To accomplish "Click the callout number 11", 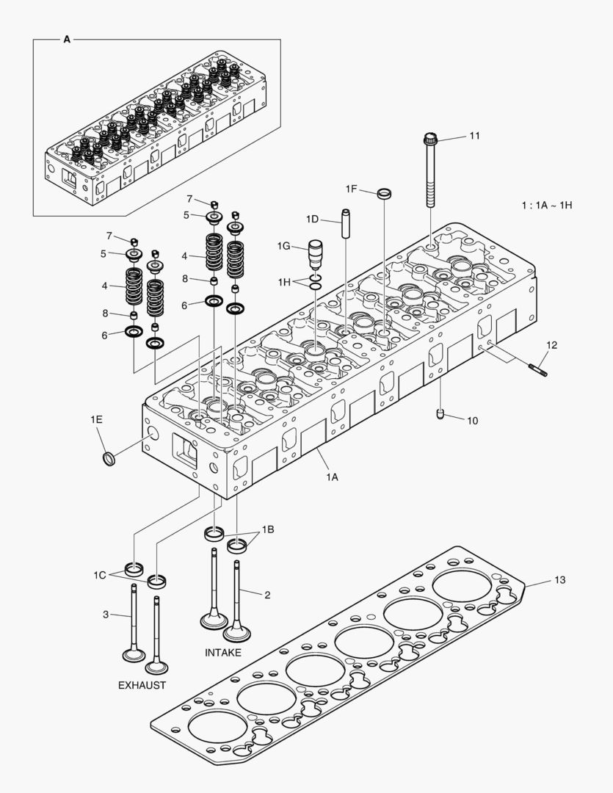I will [474, 136].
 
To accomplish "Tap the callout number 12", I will [551, 344].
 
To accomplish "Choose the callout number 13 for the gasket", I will [559, 581].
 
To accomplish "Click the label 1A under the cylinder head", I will [332, 477].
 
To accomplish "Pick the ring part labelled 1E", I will [109, 460].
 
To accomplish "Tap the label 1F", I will [352, 189].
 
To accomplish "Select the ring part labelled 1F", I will [384, 194].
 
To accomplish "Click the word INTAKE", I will [222, 652].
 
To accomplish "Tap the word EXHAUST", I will [142, 685].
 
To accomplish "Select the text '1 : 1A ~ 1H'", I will [546, 205].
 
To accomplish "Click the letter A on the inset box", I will [67, 40].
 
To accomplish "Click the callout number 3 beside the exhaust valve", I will [105, 615].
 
